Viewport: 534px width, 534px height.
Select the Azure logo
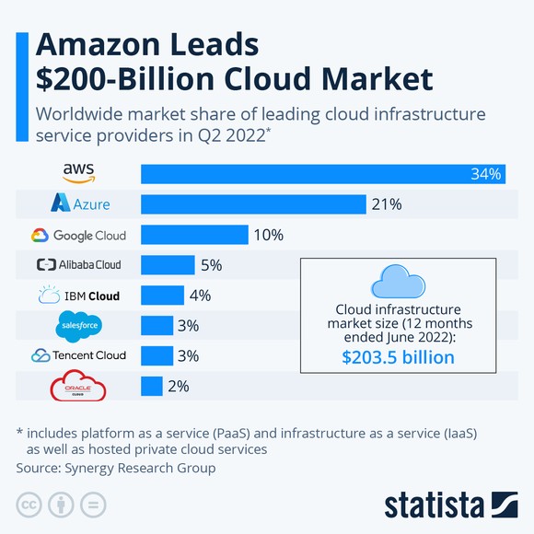point(79,203)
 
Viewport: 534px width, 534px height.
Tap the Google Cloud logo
point(78,235)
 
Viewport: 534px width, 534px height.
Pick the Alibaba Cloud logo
point(78,265)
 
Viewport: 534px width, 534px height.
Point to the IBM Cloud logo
point(78,296)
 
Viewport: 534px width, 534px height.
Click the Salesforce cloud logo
point(79,325)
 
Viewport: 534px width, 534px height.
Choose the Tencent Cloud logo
point(78,355)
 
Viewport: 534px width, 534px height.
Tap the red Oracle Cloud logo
point(78,387)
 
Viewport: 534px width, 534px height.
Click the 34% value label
point(486,174)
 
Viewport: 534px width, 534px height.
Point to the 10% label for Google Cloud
point(267,235)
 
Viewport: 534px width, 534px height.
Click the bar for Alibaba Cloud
point(168,265)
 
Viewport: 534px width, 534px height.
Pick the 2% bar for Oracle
point(151,387)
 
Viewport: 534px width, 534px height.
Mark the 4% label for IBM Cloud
point(200,296)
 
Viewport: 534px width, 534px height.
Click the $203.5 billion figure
point(398,356)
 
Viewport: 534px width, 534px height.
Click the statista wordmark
point(434,505)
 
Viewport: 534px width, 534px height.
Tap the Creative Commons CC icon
point(29,505)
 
